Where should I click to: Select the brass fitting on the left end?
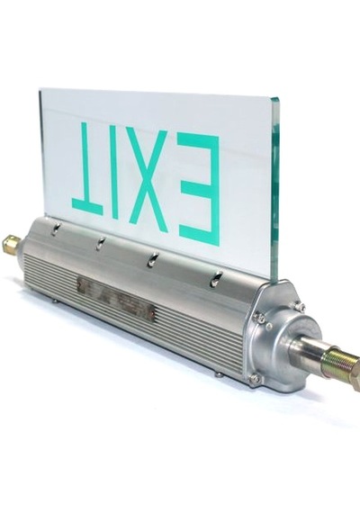11,243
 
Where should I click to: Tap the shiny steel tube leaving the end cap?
308,350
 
